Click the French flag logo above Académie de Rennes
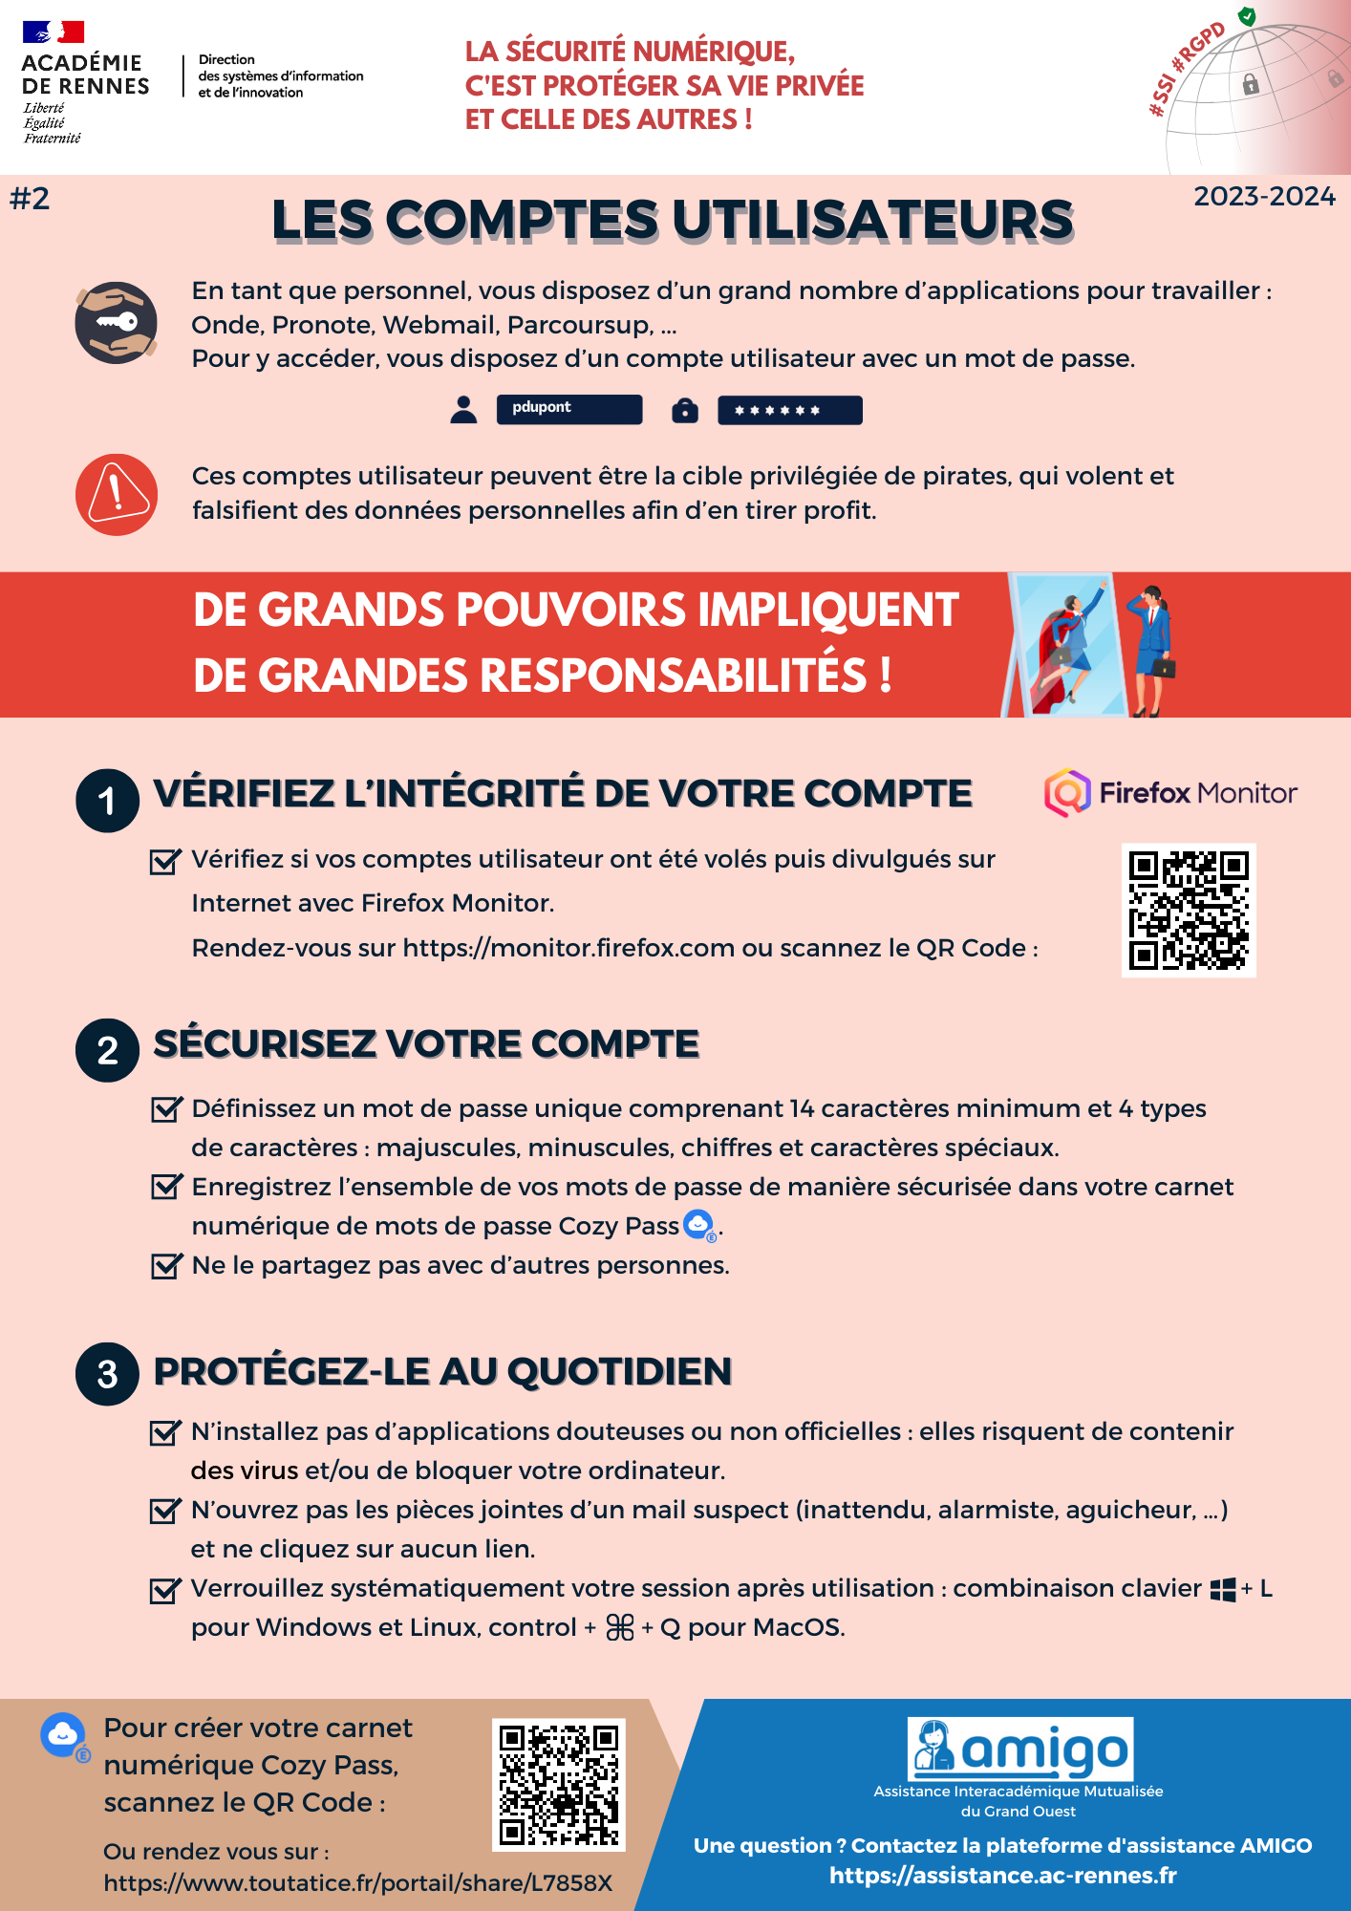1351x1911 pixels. (x=54, y=33)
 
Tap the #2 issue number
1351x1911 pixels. (x=30, y=199)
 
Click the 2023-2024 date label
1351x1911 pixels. (x=1264, y=197)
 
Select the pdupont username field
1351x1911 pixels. (x=568, y=409)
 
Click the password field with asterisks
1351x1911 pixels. (x=789, y=410)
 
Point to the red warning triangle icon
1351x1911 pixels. (x=117, y=494)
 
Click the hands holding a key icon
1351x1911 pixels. (x=117, y=323)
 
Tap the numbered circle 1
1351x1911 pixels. (x=108, y=801)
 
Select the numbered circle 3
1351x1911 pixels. (x=108, y=1374)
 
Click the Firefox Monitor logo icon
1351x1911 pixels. (x=1067, y=793)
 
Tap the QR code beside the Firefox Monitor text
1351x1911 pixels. (x=1189, y=910)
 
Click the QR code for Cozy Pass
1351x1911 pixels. (x=559, y=1785)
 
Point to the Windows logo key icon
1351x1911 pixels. (x=1222, y=1590)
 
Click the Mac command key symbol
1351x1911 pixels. (x=620, y=1628)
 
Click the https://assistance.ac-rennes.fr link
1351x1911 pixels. (x=1002, y=1876)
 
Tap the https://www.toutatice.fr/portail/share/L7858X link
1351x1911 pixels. (x=357, y=1883)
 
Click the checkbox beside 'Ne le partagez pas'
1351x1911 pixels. (x=166, y=1266)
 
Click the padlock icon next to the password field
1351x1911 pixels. (x=685, y=410)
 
